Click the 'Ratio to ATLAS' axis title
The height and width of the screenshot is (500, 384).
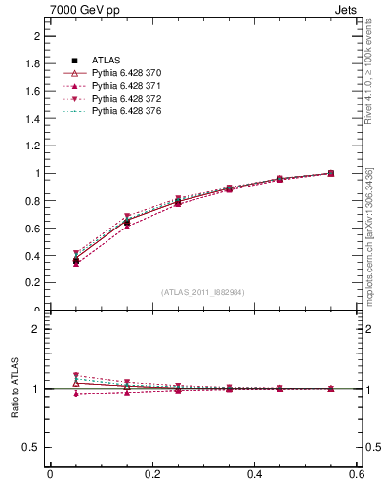pos(16,389)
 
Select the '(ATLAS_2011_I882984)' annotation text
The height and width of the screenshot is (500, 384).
pos(203,292)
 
